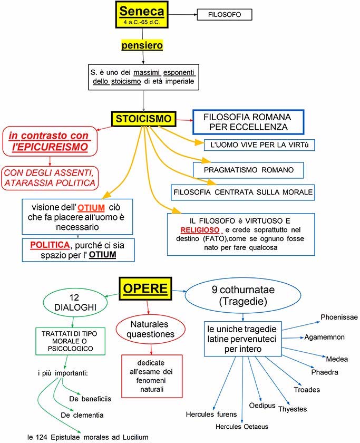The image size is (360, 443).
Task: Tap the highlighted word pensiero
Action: pyautogui.click(x=142, y=45)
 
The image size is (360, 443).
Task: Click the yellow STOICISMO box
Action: pyautogui.click(x=143, y=119)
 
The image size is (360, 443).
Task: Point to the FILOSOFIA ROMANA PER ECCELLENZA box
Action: pyautogui.click(x=249, y=122)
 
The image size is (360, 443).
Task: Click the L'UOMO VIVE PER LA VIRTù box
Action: pyautogui.click(x=259, y=144)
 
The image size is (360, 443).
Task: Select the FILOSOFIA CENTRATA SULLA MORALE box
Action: pyautogui.click(x=242, y=192)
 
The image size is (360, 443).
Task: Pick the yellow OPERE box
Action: pyautogui.click(x=145, y=288)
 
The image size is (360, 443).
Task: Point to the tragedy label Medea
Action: pyautogui.click(x=337, y=359)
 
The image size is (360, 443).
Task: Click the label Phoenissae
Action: pyautogui.click(x=339, y=317)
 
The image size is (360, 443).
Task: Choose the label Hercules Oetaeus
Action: pyautogui.click(x=242, y=427)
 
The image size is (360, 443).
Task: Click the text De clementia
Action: pyautogui.click(x=82, y=415)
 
